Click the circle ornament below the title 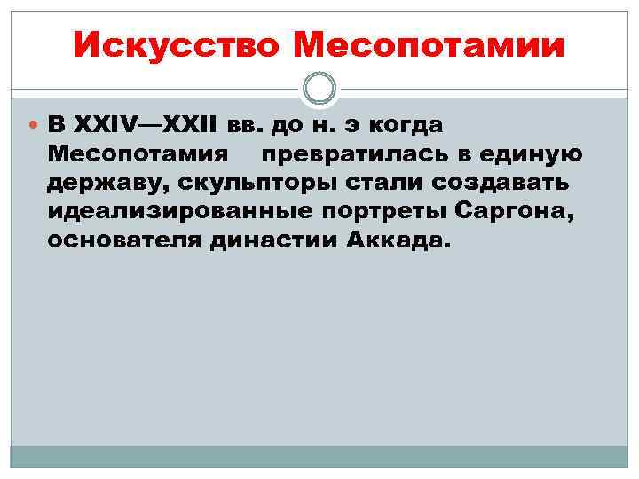point(319,87)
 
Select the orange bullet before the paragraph point(34,127)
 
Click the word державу point(104,184)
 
